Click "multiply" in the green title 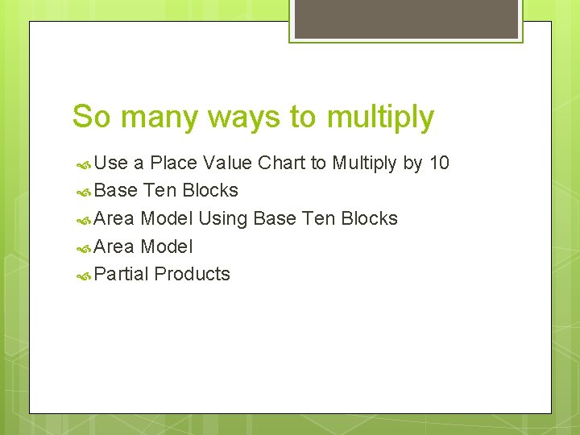(x=380, y=118)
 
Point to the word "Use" (x=111, y=164)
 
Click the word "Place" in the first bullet (x=173, y=164)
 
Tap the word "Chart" (x=281, y=164)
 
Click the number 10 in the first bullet (x=439, y=164)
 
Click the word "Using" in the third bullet (x=223, y=219)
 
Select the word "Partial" (x=122, y=274)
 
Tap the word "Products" (x=192, y=274)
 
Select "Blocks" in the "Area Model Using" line (x=370, y=218)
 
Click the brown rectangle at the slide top (x=406, y=18)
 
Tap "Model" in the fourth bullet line (x=167, y=246)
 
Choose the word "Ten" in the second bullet (x=159, y=191)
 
